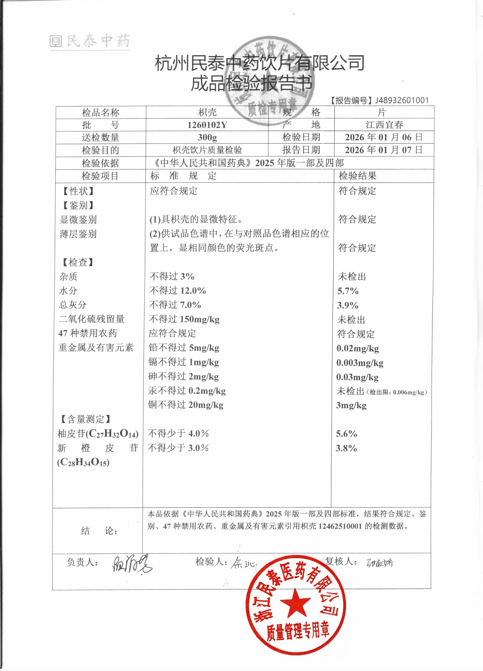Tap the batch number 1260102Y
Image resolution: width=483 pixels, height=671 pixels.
click(207, 125)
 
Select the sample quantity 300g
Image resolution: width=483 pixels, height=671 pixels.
click(207, 138)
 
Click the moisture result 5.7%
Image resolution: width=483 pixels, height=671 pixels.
click(348, 291)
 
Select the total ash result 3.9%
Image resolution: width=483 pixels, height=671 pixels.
click(348, 305)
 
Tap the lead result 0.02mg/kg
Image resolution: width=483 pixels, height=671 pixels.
click(357, 349)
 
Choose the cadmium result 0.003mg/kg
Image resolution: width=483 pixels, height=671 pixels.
click(360, 363)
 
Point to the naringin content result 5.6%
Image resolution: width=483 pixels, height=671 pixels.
click(347, 434)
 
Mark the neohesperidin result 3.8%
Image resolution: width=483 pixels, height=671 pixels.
click(346, 448)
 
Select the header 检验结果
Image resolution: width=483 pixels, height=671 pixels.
click(357, 176)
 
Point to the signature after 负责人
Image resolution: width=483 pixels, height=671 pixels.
click(131, 564)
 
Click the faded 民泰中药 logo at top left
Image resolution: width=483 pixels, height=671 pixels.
click(89, 41)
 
